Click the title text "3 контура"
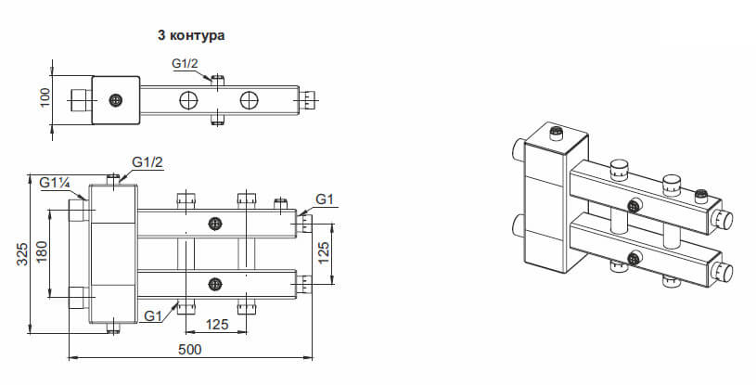coord(191,35)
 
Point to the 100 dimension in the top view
coord(45,98)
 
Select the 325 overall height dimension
coord(22,253)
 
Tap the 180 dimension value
coord(43,251)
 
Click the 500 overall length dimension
coord(190,350)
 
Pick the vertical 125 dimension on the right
coord(324,253)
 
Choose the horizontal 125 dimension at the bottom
coord(216,324)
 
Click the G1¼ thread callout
coord(56,183)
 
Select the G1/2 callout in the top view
coord(186,64)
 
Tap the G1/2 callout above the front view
coord(147,162)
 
